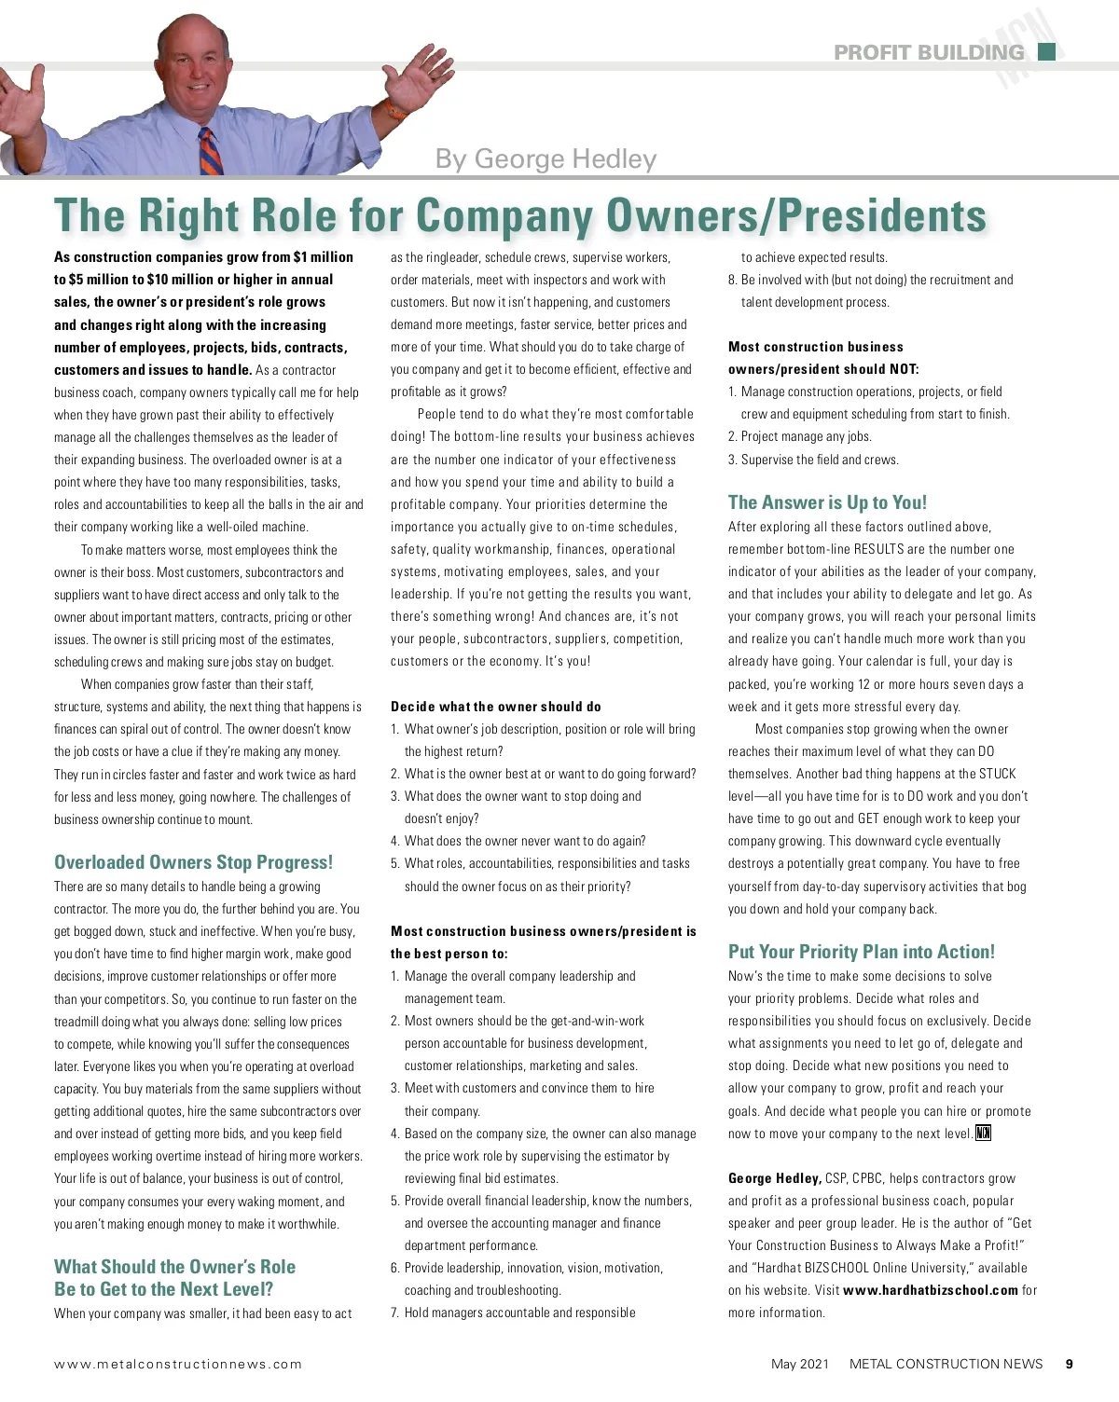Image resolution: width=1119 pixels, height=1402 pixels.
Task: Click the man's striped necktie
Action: pyautogui.click(x=210, y=150)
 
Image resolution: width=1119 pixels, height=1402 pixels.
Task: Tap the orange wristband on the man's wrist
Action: pyautogui.click(x=394, y=114)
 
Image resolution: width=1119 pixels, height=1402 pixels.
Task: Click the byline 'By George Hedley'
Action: pyautogui.click(x=546, y=158)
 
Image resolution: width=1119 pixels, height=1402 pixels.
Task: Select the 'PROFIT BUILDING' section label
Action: pyautogui.click(x=929, y=52)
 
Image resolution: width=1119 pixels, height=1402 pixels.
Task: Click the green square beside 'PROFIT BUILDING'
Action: pyautogui.click(x=1046, y=51)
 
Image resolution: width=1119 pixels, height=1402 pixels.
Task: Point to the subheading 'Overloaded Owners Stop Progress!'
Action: pyautogui.click(x=193, y=862)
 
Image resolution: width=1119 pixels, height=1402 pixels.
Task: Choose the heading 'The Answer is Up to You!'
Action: pyautogui.click(x=827, y=502)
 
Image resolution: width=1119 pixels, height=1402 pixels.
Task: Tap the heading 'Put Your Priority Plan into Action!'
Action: pyautogui.click(x=861, y=952)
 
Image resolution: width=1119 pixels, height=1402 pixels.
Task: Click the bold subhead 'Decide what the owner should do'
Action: pyautogui.click(x=495, y=707)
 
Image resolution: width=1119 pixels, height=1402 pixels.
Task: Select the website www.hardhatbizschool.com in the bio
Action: pyautogui.click(x=930, y=1290)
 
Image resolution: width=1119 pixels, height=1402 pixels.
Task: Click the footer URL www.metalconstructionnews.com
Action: pyautogui.click(x=178, y=1364)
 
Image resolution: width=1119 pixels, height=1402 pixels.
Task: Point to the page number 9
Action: pyautogui.click(x=1070, y=1364)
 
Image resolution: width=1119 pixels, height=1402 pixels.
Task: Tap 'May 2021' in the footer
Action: pyautogui.click(x=799, y=1364)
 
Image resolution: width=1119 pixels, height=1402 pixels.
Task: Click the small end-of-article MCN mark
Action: pyautogui.click(x=983, y=1134)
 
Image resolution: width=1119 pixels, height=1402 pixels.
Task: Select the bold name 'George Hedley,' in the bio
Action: pyautogui.click(x=774, y=1178)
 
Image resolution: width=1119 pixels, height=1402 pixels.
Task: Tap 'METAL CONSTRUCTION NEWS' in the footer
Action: pyautogui.click(x=946, y=1364)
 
